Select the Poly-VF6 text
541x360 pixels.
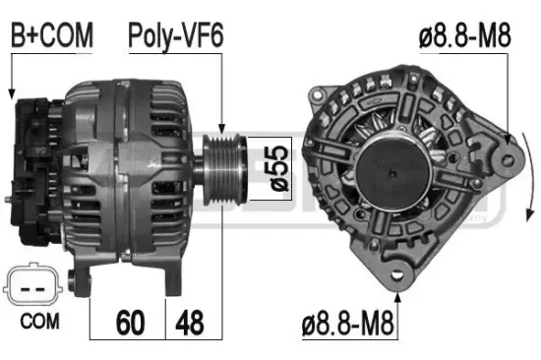click(x=176, y=36)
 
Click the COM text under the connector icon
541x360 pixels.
click(x=38, y=321)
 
